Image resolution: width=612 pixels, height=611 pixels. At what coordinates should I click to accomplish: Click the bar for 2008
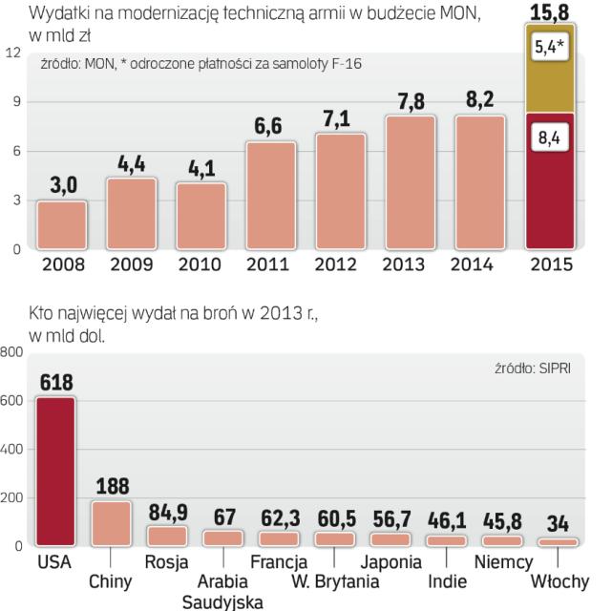point(61,224)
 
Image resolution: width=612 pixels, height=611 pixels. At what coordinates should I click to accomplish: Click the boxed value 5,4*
point(547,49)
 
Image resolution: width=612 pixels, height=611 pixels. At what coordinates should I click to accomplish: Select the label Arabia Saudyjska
point(222,591)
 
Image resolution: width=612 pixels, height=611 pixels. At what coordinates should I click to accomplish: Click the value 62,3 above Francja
point(278,517)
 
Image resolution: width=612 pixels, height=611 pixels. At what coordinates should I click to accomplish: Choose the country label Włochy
point(560,580)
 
